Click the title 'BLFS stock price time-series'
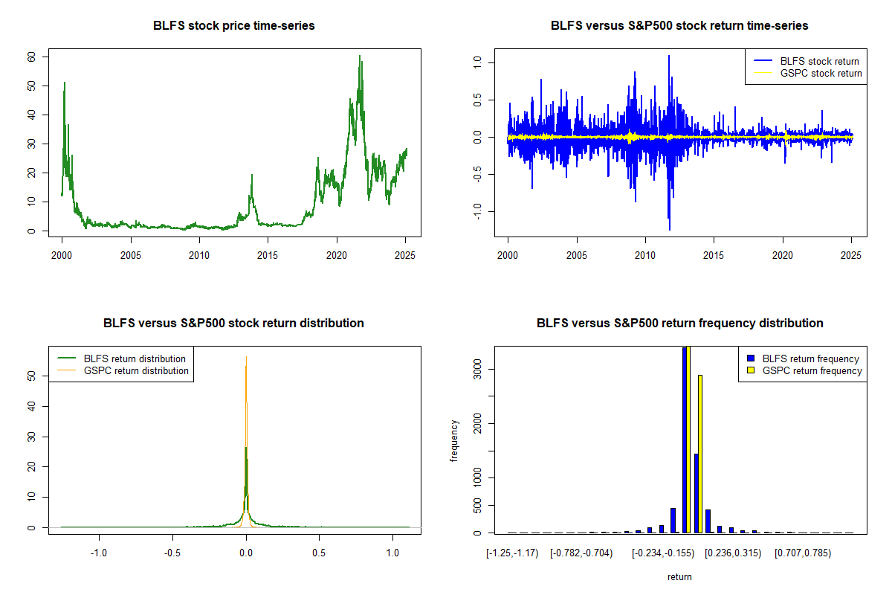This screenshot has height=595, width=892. [233, 26]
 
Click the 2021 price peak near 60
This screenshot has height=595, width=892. [360, 57]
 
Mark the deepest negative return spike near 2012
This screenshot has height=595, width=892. [670, 229]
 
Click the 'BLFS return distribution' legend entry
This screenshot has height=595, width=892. [135, 358]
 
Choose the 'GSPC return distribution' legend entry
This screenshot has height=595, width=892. [136, 370]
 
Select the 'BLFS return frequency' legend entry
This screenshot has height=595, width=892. [811, 358]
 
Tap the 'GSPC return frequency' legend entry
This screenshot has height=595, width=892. [812, 370]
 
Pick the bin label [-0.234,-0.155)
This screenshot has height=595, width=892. [662, 553]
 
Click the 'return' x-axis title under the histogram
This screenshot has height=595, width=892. [679, 577]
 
